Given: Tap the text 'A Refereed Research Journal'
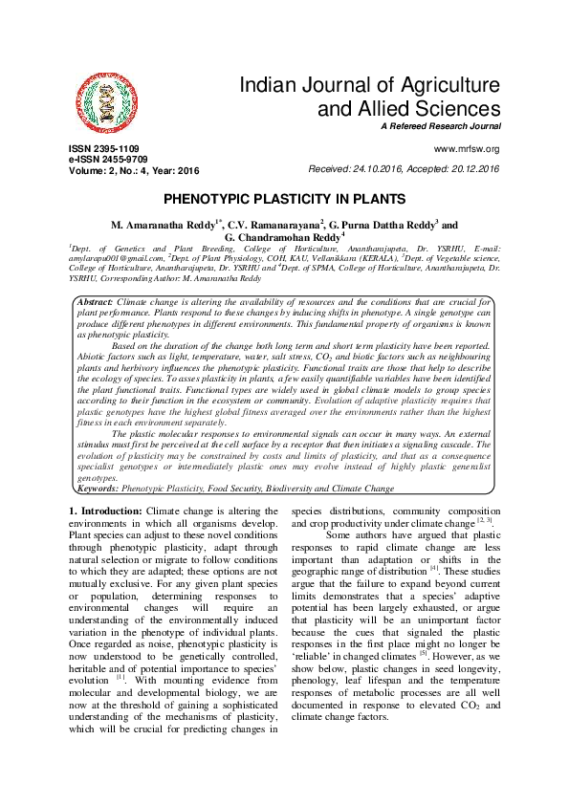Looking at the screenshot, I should pyautogui.click(x=440, y=127).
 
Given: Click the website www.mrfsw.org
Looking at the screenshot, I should pyautogui.click(x=467, y=150).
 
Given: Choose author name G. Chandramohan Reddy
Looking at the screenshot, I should pyautogui.click(x=284, y=236).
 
